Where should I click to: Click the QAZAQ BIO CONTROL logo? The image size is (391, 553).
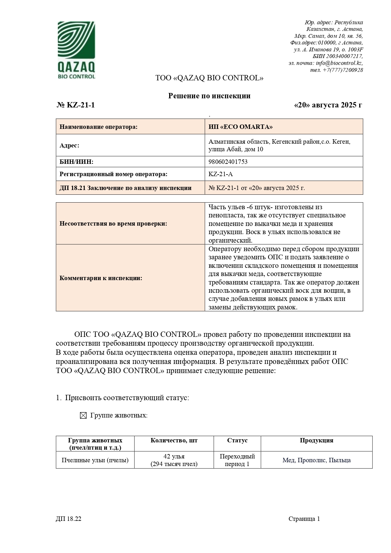click(76, 50)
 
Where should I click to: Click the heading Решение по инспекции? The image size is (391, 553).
click(209, 96)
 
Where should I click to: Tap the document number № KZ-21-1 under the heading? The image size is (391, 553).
click(76, 105)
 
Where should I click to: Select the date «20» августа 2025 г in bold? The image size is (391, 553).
click(328, 105)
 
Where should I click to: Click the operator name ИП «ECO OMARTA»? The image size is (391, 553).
click(240, 127)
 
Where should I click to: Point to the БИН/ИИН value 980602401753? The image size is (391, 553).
click(228, 162)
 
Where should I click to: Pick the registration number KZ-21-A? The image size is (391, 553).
click(221, 174)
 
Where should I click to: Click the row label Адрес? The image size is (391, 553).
click(69, 145)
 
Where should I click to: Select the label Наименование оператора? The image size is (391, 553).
click(99, 127)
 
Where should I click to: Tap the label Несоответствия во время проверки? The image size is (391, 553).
click(113, 223)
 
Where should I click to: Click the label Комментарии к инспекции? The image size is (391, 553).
click(101, 278)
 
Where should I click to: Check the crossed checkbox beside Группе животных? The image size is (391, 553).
click(83, 416)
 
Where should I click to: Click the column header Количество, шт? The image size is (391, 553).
click(174, 441)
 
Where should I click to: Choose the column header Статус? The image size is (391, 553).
click(237, 441)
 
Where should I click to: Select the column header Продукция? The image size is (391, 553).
click(316, 441)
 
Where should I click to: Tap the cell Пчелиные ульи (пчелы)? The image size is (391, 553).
click(95, 460)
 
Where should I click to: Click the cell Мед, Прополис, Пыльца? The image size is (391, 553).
click(316, 460)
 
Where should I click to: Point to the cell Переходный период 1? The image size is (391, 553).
click(237, 460)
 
